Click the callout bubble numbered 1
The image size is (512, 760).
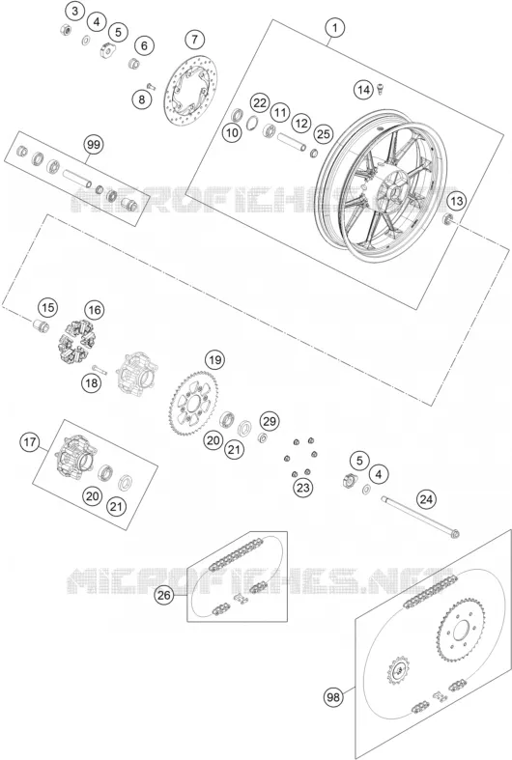334,28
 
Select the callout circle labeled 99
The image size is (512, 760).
94,145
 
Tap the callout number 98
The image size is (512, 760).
333,697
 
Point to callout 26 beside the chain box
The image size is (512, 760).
164,595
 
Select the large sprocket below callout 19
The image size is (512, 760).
194,403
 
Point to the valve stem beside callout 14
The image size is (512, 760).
381,88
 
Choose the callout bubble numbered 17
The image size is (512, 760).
30,441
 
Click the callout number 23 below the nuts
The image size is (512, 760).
303,487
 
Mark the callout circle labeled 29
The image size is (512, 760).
270,421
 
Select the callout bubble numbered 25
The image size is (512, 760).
324,134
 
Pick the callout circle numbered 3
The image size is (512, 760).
74,12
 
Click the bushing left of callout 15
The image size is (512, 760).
41,325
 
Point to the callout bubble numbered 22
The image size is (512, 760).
260,102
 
